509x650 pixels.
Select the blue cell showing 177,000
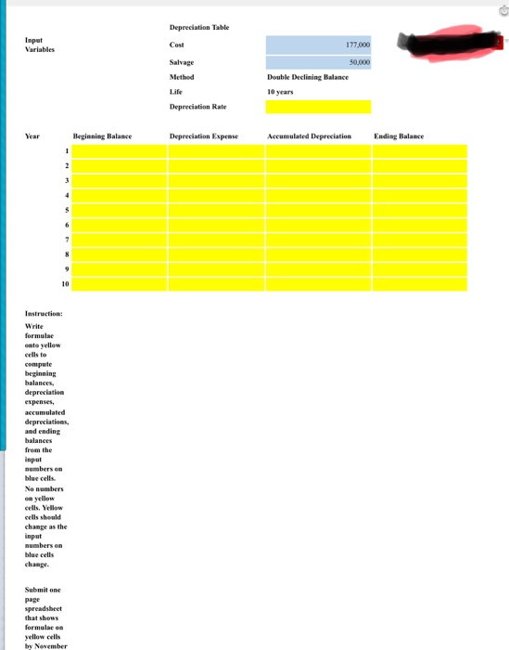318,45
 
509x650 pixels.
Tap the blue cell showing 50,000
318,61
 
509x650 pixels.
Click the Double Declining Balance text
307,77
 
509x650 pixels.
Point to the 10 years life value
280,92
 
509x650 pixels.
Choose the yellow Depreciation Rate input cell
318,107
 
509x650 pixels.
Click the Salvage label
182,61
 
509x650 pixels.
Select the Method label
183,77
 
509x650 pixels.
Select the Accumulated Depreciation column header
309,136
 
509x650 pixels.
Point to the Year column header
32,136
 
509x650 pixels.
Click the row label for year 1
67,151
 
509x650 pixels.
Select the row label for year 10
65,285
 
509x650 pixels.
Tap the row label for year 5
67,211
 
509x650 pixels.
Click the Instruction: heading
44,315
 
